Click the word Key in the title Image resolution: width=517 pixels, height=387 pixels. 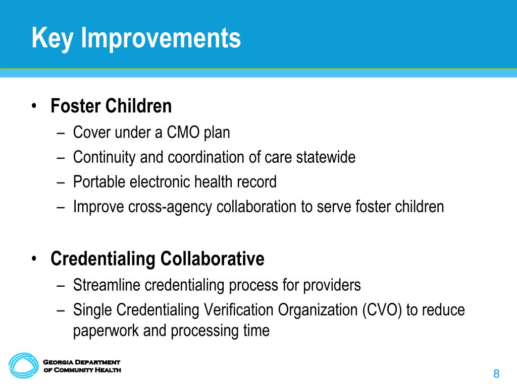(52, 38)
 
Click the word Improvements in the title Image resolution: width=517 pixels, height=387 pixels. (161, 38)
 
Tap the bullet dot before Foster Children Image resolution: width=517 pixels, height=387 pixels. (34, 106)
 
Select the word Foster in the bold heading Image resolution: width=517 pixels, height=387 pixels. (75, 106)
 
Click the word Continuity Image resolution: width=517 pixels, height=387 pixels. (104, 158)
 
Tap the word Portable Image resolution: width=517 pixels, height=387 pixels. (99, 181)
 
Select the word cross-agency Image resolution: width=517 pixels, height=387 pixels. (170, 207)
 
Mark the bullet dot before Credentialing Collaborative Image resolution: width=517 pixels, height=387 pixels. (34, 259)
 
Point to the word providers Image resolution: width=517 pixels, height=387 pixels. (332, 286)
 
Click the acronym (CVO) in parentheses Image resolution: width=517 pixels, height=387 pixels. (382, 310)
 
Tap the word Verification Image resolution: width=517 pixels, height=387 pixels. (238, 310)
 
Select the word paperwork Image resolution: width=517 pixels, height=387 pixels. (106, 331)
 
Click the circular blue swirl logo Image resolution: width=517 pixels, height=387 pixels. (24, 366)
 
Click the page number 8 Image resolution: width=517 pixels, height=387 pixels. (496, 374)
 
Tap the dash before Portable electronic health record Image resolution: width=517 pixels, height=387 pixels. (61, 183)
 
